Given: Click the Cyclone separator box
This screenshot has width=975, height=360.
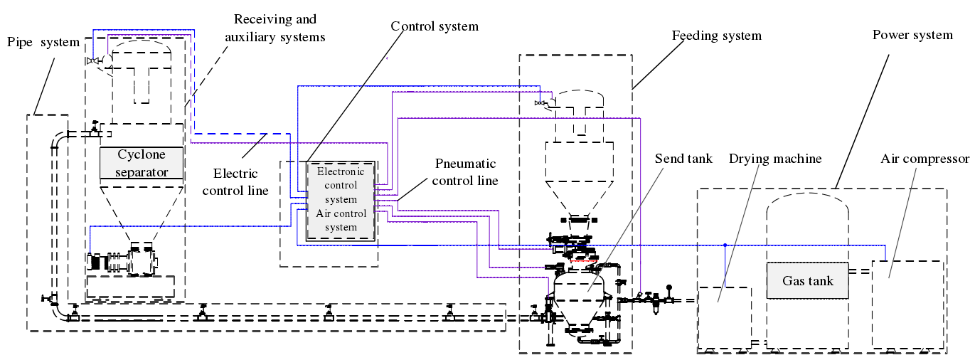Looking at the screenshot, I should [141, 163].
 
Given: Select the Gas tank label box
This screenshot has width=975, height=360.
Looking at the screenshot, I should [807, 280].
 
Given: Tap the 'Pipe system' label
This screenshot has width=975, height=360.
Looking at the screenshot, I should [43, 42].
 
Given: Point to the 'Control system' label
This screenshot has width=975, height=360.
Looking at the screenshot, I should [435, 26].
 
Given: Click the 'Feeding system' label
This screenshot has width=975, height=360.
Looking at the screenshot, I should [716, 36].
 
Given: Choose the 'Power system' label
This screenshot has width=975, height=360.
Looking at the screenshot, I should [912, 35].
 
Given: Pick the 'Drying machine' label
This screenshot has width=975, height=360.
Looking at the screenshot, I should [775, 159].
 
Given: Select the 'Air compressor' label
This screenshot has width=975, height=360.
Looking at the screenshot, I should [924, 159].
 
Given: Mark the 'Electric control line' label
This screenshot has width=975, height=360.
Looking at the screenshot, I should [235, 181].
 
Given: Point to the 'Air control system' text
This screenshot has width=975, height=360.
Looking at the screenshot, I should [340, 221].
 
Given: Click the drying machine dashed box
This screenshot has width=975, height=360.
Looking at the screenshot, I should [725, 317].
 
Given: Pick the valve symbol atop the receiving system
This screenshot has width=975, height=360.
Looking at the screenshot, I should [91, 61].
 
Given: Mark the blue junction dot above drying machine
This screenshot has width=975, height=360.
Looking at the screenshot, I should [725, 245].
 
